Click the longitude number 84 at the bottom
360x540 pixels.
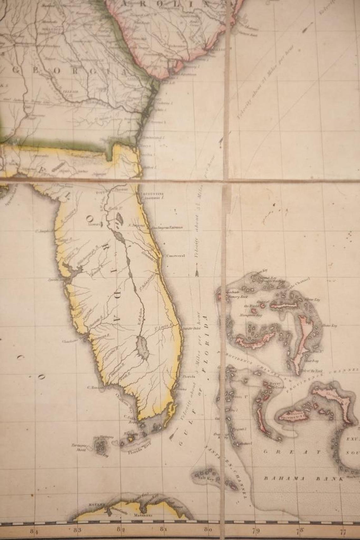pos(34,531)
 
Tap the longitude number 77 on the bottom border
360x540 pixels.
pos(343,531)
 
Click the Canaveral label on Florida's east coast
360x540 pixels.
pos(176,256)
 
